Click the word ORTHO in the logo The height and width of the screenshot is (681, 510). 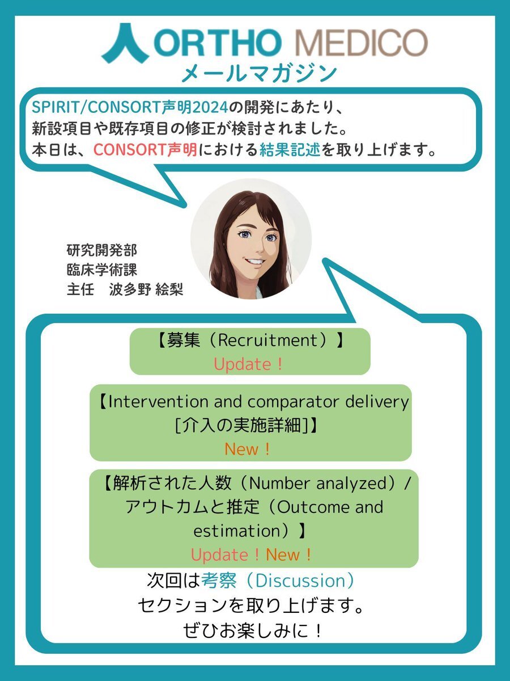(218, 42)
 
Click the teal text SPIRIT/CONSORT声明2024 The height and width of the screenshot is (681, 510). (130, 107)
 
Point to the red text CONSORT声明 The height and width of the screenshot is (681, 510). (146, 150)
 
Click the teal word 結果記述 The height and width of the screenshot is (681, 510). (290, 150)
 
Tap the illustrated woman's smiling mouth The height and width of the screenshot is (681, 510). (255, 262)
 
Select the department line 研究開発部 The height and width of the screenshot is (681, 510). (102, 250)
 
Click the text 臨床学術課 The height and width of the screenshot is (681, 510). (102, 270)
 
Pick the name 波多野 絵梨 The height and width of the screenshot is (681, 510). (146, 289)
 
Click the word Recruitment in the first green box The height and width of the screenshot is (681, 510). (269, 340)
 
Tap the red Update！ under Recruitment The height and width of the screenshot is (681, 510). (248, 364)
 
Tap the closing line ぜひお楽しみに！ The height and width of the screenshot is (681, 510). (252, 630)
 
